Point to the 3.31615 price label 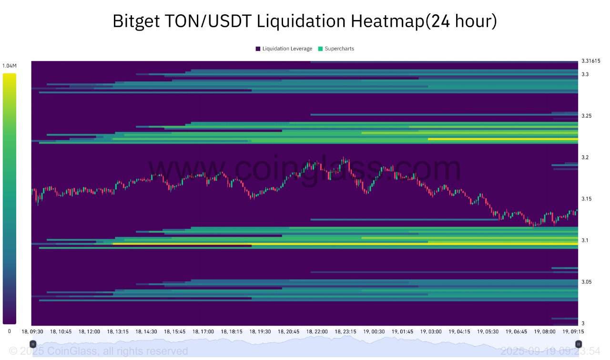pos(591,61)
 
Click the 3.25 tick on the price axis pos(587,116)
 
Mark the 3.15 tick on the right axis pos(587,199)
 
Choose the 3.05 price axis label pos(587,282)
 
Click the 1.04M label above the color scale pos(9,66)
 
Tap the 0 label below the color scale pos(9,331)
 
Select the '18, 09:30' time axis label pos(32,331)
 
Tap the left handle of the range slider pos(32,344)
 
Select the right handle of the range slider pos(578,344)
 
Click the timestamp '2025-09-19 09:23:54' pos(550,351)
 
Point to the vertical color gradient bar pos(9,198)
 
